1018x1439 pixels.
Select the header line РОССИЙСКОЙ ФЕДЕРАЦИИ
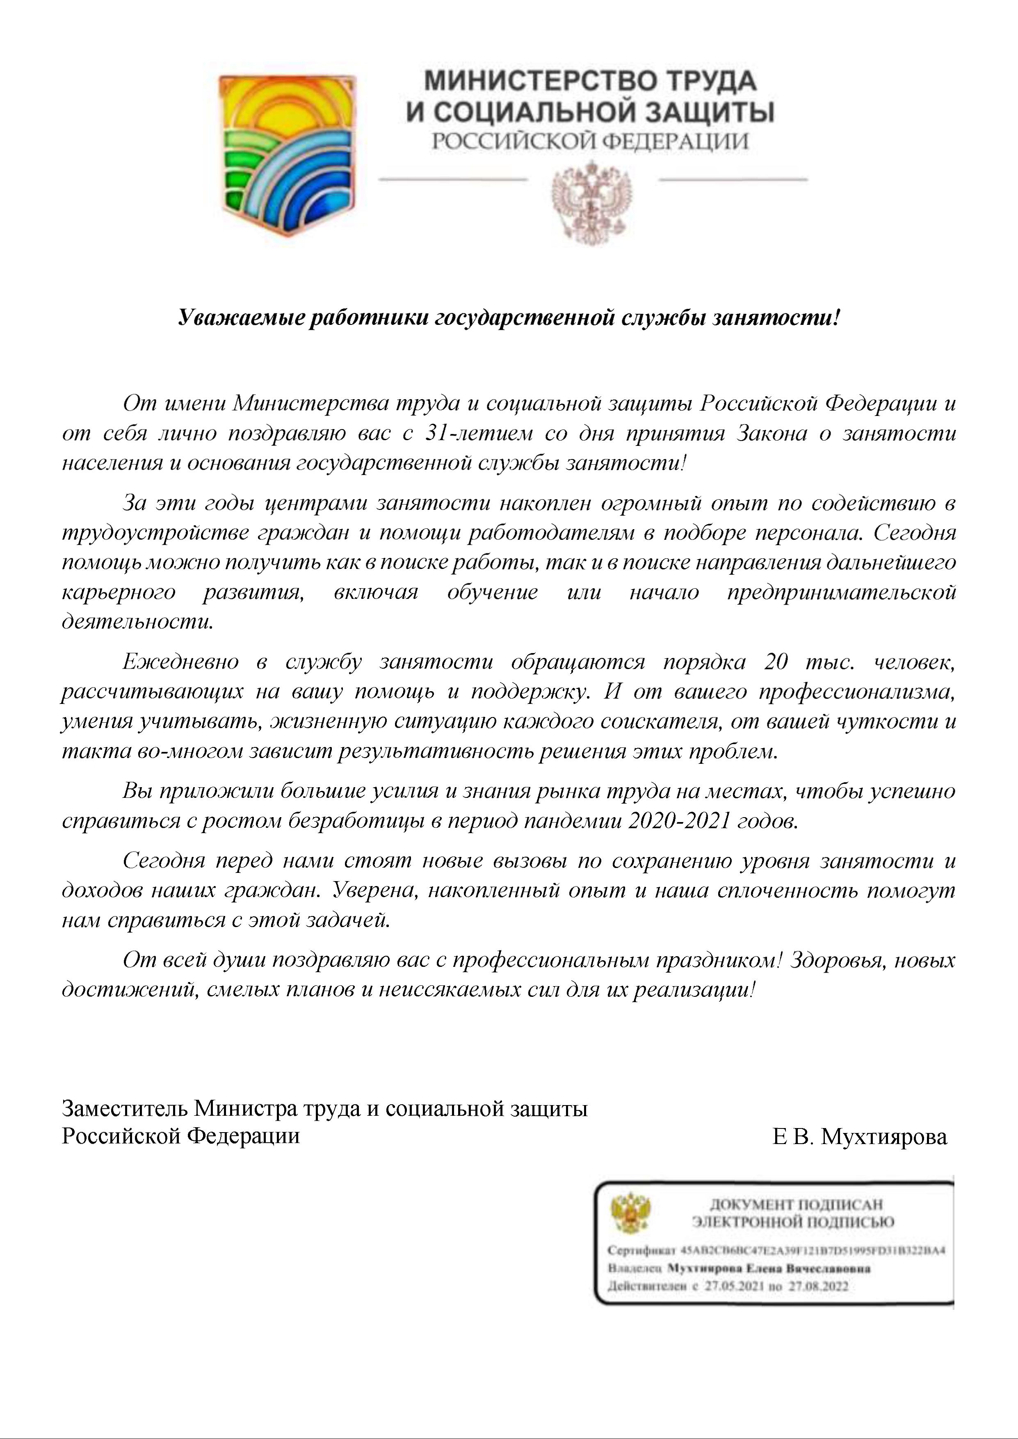(x=590, y=142)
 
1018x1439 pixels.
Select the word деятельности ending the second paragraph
(x=137, y=622)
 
